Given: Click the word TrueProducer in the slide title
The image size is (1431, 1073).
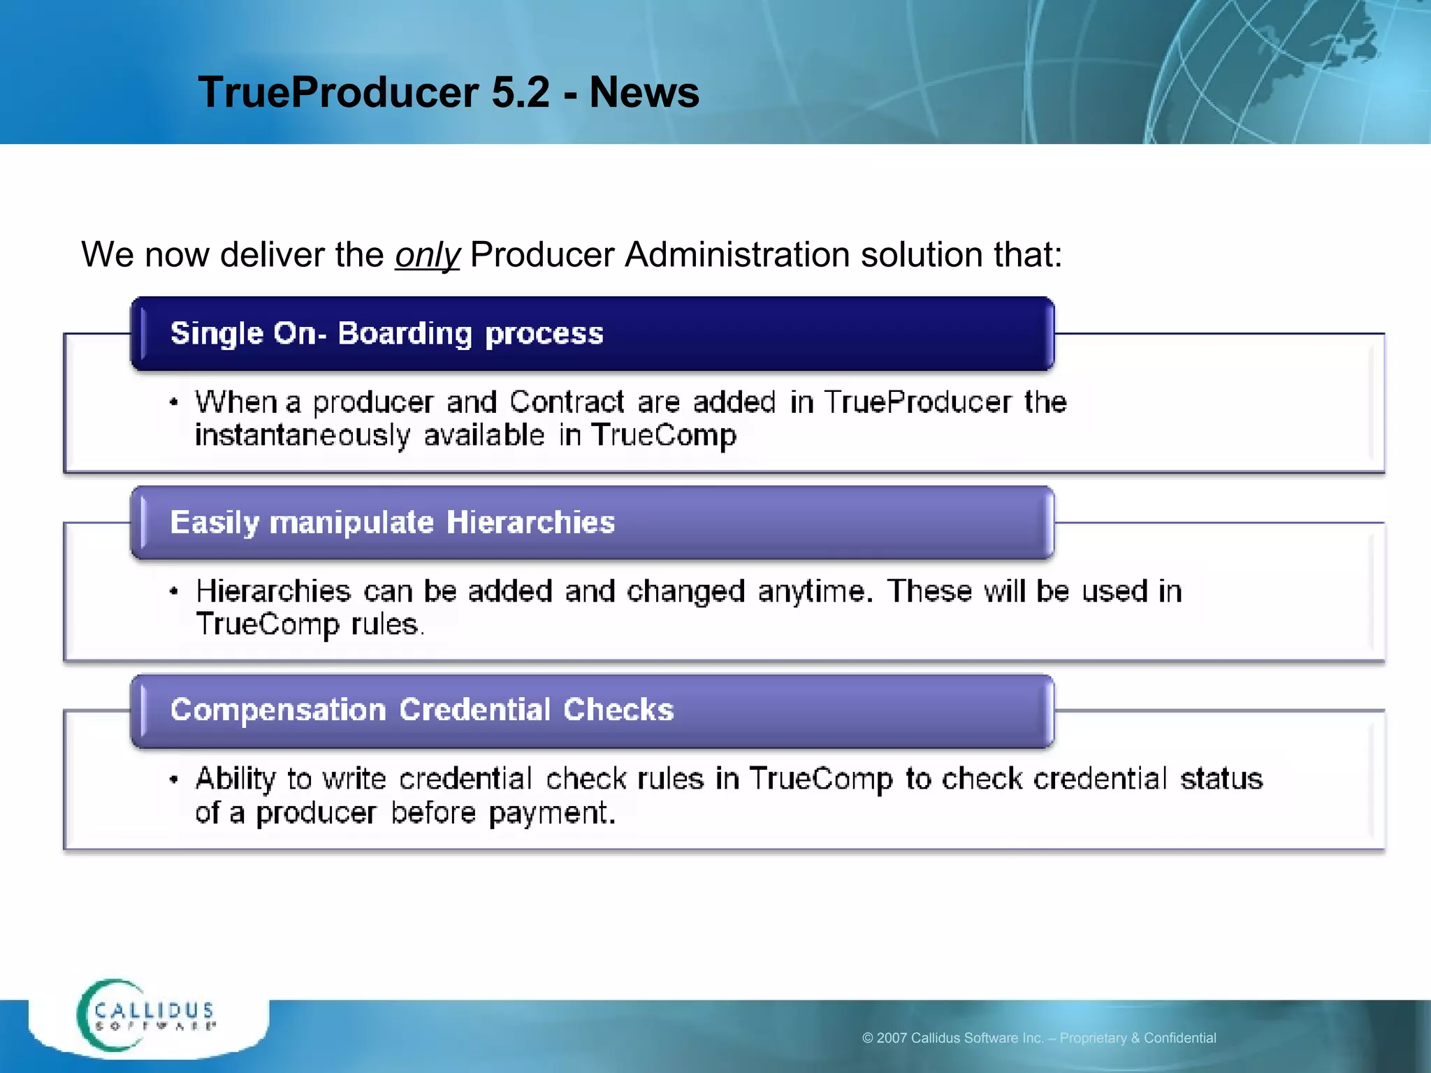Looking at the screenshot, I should tap(339, 92).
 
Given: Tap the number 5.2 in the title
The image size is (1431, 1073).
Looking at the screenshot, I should tap(521, 92).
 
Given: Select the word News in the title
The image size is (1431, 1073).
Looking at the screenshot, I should tap(644, 92).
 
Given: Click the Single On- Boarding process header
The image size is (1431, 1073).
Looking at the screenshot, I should tap(386, 334).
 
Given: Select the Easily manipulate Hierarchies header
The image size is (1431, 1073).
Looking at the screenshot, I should tap(392, 523).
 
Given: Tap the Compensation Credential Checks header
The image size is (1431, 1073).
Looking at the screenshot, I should tap(422, 710).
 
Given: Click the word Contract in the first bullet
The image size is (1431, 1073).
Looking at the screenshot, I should tap(567, 402).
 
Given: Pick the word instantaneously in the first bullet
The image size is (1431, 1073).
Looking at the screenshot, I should tap(302, 435).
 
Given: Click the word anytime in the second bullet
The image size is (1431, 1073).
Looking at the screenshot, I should tap(815, 592).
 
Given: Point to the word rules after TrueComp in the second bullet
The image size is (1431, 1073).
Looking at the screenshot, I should tap(386, 625).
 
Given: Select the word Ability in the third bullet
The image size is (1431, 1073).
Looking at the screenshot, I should tap(235, 780).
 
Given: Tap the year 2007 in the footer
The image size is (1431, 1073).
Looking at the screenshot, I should tap(892, 1038).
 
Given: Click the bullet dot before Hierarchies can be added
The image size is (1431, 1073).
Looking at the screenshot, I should tap(174, 592).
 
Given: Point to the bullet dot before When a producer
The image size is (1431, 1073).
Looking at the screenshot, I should tap(174, 403).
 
